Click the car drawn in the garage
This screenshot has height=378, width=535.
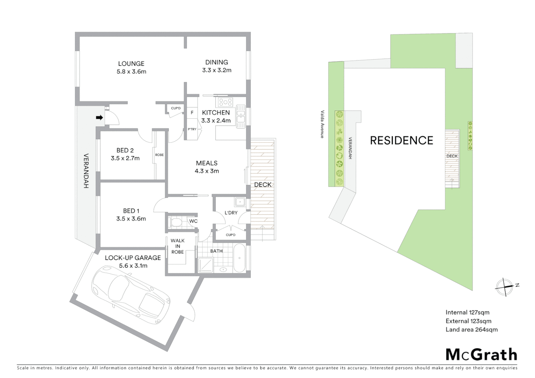[x=131, y=295]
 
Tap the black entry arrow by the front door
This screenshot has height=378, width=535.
[x=99, y=118]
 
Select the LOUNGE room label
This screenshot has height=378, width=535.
[x=131, y=64]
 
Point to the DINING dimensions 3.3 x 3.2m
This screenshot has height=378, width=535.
[x=217, y=70]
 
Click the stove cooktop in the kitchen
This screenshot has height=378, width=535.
[x=225, y=102]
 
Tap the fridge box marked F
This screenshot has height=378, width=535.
[x=192, y=113]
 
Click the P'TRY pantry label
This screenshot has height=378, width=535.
[x=192, y=129]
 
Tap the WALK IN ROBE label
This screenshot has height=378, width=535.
[x=178, y=246]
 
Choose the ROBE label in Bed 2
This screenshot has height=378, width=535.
[x=159, y=155]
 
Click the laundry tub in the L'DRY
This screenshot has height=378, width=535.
[x=240, y=202]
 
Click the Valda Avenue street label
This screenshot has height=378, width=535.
[x=322, y=124]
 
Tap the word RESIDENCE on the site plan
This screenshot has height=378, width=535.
[x=402, y=140]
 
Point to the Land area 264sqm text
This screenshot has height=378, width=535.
[x=471, y=329]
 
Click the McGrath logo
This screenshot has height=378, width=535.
[x=481, y=355]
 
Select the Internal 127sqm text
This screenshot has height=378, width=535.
[x=467, y=312]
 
